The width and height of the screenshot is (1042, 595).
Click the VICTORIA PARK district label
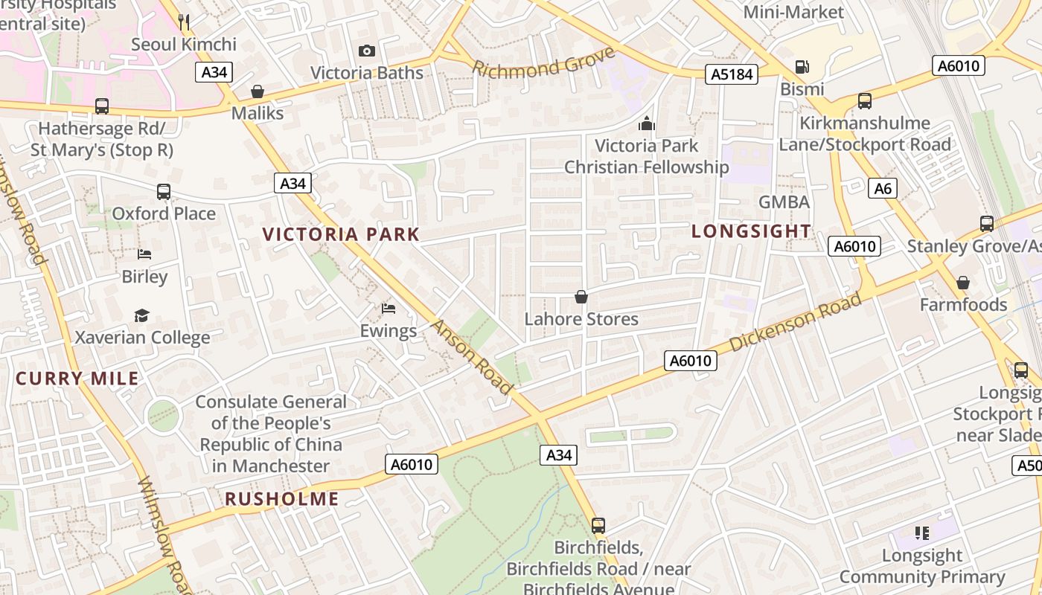pos(341,234)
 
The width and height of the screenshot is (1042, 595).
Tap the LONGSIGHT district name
pos(751,231)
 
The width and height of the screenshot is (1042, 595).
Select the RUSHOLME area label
pos(281,499)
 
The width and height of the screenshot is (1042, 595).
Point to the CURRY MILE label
pos(77,379)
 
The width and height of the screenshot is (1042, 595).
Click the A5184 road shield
pos(732,74)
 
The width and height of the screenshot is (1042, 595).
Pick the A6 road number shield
pos(882,188)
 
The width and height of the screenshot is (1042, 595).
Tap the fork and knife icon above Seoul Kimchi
pos(185,22)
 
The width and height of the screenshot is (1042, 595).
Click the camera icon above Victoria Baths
pos(366,51)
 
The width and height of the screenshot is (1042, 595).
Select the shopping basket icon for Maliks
pos(258,91)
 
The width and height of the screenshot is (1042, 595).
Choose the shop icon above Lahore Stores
pos(581,297)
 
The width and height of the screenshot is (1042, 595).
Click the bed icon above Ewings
pos(388,308)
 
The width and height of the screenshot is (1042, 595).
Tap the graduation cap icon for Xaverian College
pos(141,315)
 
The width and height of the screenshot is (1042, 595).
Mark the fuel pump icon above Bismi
pos(802,67)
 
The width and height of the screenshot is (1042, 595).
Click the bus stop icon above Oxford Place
pos(164,192)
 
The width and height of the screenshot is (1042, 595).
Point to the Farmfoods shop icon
pos(963,283)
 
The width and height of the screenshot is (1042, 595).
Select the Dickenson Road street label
pos(795,322)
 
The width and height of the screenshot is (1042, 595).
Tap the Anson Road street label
pos(472,358)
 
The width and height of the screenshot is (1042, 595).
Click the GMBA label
pos(784,202)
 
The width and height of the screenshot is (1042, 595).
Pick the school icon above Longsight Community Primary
pos(922,533)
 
